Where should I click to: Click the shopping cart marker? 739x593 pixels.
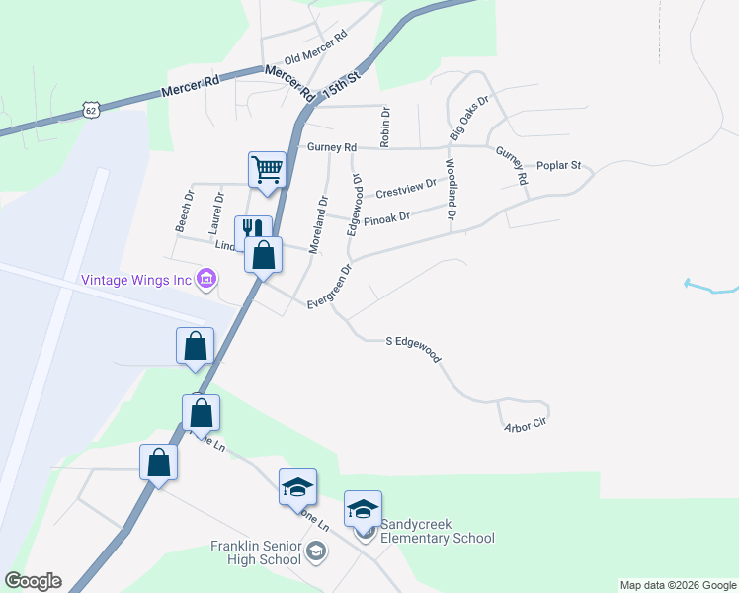pyautogui.click(x=267, y=170)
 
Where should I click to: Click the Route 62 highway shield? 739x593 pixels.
pyautogui.click(x=91, y=110)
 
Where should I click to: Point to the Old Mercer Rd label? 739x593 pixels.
pyautogui.click(x=316, y=47)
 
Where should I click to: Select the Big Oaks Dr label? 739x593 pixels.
pyautogui.click(x=468, y=117)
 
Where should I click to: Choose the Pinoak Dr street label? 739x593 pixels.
pyautogui.click(x=386, y=218)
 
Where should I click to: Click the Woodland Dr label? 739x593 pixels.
pyautogui.click(x=451, y=189)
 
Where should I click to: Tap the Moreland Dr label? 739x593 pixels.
pyautogui.click(x=318, y=224)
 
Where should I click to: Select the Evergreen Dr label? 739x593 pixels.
pyautogui.click(x=330, y=284)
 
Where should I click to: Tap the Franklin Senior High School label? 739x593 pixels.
pyautogui.click(x=255, y=552)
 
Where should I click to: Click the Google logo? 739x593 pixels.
pyautogui.click(x=33, y=581)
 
